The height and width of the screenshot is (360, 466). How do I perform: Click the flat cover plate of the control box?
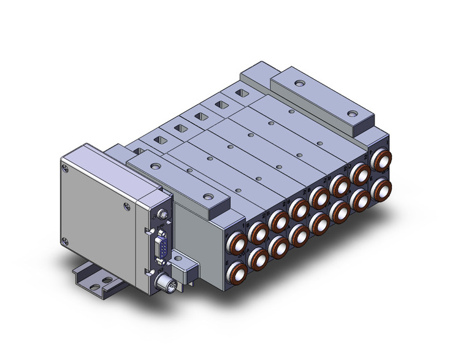[98, 202]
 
